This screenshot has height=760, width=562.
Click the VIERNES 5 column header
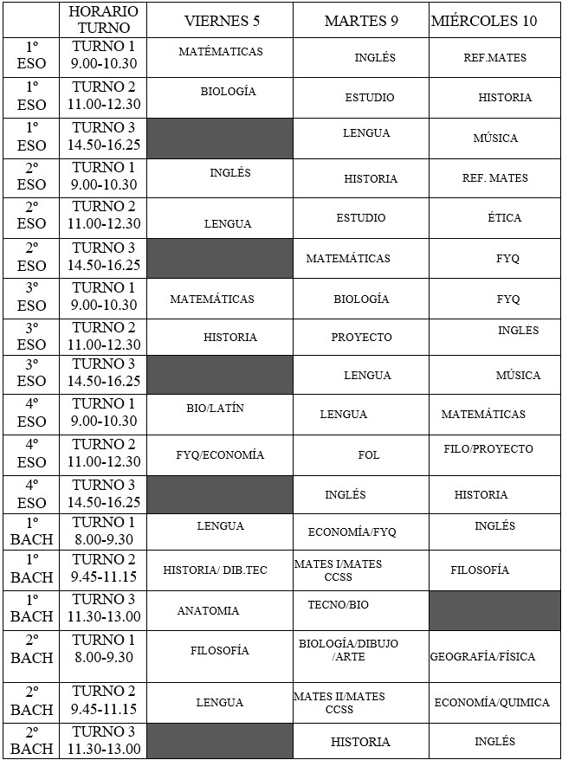[220, 21]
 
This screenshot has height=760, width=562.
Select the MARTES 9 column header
[360, 21]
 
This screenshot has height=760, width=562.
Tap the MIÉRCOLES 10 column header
[494, 21]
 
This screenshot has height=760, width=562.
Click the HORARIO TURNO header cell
[103, 20]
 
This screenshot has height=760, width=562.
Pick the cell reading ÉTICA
[504, 217]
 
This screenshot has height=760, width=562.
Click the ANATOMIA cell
[208, 610]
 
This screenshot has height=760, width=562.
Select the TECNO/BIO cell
[338, 604]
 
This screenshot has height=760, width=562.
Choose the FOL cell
[369, 454]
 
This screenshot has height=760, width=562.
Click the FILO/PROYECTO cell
[488, 448]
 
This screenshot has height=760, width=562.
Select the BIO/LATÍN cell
[215, 409]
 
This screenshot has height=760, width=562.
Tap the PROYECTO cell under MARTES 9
[361, 337]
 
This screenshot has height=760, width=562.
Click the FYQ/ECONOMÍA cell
[220, 454]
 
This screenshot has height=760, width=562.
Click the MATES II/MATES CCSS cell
[339, 702]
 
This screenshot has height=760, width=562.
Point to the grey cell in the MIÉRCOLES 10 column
[494, 610]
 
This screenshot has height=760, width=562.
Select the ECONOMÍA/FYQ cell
[352, 531]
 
